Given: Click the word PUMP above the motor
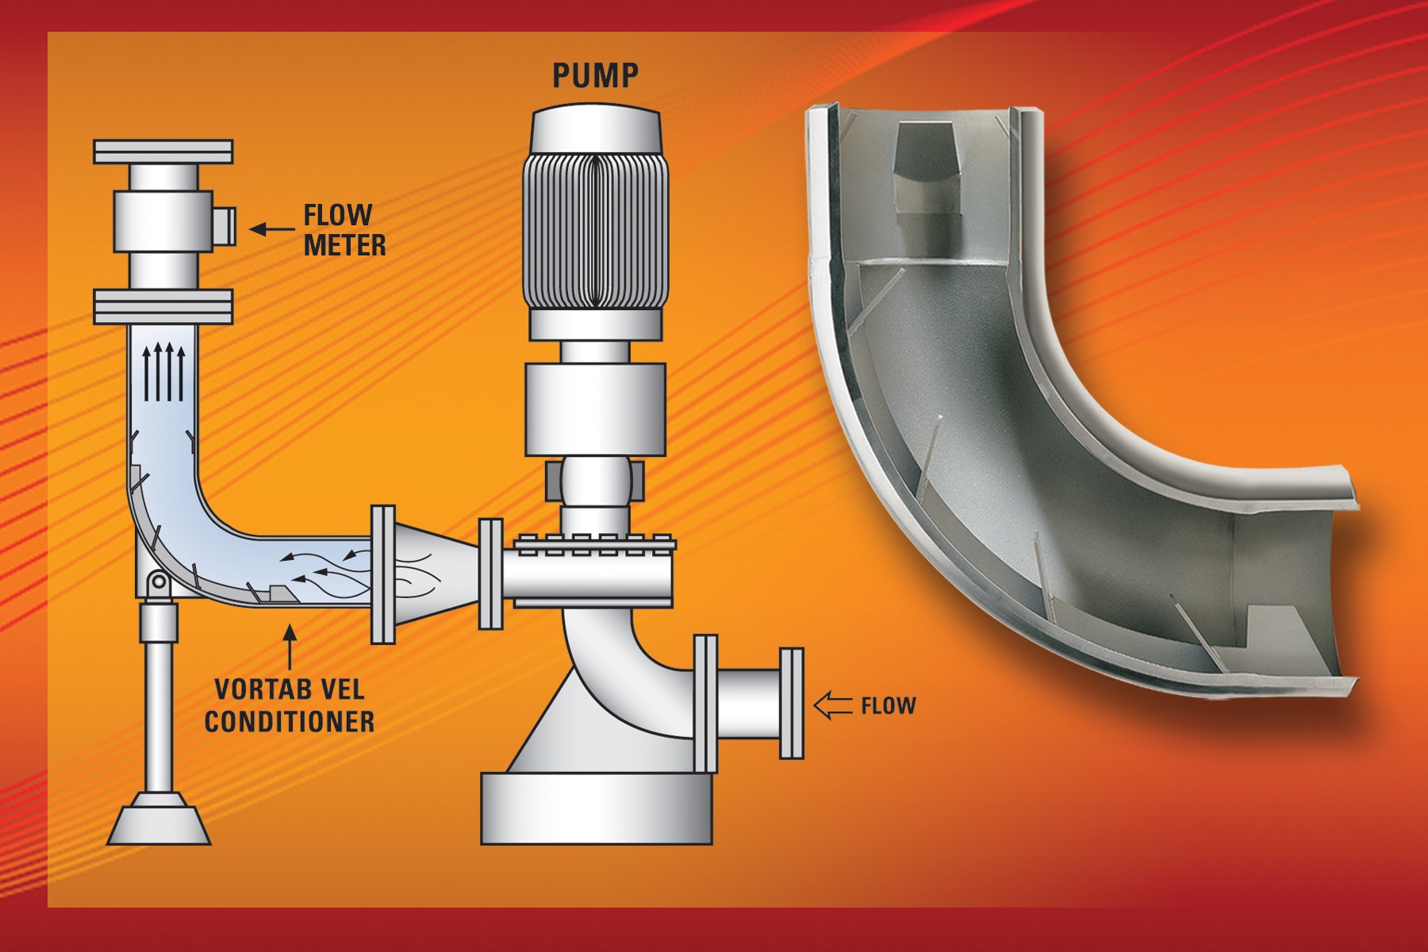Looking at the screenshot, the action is [595, 75].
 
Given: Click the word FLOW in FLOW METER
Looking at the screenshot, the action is [338, 215].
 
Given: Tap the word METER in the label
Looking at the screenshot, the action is [345, 244].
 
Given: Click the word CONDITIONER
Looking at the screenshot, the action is [290, 721].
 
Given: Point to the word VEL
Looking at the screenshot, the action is [339, 689].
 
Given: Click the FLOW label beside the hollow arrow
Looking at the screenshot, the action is [889, 705].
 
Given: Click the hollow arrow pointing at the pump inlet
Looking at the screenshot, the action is [834, 705].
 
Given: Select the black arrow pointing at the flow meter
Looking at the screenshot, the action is [272, 229].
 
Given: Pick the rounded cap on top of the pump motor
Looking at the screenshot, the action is [595, 129].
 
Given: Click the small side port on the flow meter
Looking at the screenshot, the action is [225, 225].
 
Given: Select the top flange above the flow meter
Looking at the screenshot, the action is [163, 152].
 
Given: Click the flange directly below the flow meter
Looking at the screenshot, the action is [163, 307].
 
